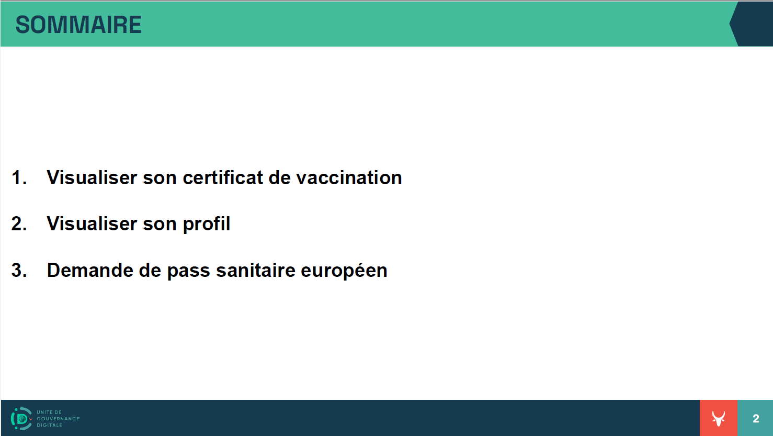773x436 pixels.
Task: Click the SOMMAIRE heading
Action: tap(78, 25)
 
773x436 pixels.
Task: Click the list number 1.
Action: tap(19, 178)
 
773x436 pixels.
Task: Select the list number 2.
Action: tap(19, 224)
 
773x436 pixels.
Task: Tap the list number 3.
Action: tap(19, 270)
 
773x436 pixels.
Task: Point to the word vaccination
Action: tap(349, 178)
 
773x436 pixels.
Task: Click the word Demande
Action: tap(90, 270)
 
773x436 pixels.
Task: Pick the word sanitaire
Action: tap(255, 270)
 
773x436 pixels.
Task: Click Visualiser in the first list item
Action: tap(92, 177)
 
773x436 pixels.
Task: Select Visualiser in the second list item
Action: tap(92, 223)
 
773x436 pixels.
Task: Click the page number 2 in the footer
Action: tap(756, 419)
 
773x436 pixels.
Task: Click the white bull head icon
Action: tap(719, 418)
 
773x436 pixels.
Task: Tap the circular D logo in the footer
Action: tap(21, 418)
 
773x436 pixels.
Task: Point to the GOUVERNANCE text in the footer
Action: tap(59, 419)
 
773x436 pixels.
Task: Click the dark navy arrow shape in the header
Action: tap(752, 24)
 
